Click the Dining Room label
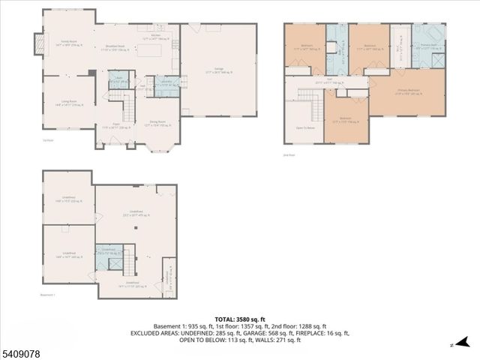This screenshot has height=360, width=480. tap(157, 123)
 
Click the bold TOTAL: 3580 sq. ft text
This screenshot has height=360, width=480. tap(239, 318)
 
